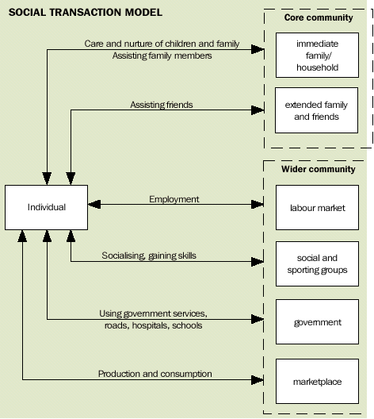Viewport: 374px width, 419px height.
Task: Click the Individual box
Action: click(47, 208)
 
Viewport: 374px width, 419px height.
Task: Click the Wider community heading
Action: click(318, 169)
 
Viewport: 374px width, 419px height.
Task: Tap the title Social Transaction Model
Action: click(85, 12)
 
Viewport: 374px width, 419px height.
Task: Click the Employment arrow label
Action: click(174, 199)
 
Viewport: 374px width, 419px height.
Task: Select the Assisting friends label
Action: click(162, 104)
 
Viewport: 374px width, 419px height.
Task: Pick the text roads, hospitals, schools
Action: click(151, 325)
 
